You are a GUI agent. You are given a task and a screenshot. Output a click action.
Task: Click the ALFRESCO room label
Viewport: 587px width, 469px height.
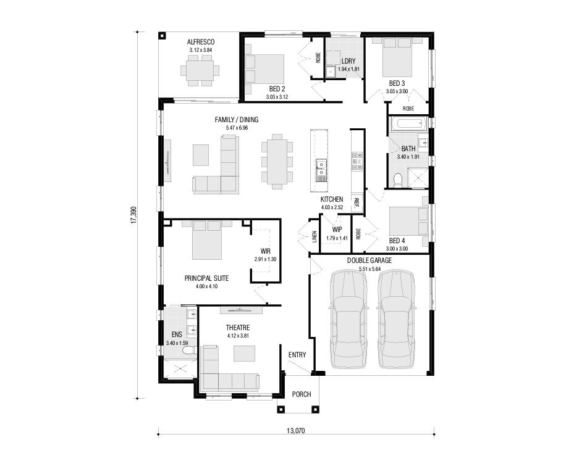(201, 42)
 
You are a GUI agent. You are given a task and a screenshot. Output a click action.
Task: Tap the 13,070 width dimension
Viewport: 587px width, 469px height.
(296, 431)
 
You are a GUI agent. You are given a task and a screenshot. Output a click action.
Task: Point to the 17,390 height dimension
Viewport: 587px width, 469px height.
(133, 215)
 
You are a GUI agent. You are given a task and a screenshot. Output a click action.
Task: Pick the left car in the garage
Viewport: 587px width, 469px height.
(347, 319)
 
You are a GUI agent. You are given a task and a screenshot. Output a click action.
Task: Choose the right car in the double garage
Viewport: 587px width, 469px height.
(396, 319)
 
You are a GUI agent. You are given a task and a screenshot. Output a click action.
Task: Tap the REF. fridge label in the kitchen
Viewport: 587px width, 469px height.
(357, 202)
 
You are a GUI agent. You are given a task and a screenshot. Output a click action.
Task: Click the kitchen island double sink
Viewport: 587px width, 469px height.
(321, 170)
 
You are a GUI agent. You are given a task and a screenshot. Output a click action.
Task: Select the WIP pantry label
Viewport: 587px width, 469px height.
(337, 230)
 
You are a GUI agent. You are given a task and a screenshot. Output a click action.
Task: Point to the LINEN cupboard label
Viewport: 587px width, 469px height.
(315, 236)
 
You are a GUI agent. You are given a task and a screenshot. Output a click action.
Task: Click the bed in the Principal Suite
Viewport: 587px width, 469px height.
(206, 239)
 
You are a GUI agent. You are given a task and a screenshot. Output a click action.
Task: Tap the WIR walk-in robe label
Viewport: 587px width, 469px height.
(266, 251)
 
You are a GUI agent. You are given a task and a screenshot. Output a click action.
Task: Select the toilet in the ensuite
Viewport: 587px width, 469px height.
(190, 351)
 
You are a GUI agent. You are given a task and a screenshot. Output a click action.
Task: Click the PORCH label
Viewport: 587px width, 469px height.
(302, 394)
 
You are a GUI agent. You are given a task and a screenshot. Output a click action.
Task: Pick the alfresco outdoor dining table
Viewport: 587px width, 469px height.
(200, 71)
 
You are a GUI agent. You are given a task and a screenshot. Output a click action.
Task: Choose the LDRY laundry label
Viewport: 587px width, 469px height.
(348, 61)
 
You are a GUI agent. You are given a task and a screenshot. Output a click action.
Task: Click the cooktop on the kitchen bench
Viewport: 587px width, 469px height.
(357, 161)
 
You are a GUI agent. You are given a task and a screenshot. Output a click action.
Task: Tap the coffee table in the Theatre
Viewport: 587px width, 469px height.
(244, 354)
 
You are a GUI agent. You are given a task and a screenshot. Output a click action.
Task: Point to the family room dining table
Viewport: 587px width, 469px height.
(277, 162)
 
